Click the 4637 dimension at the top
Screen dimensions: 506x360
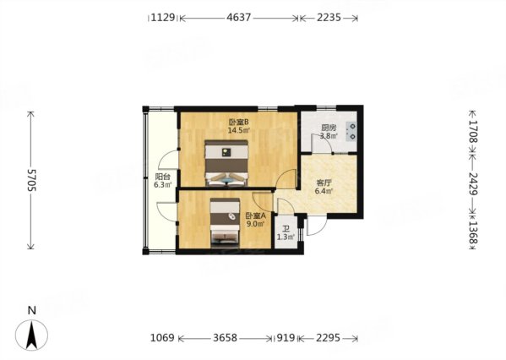(x=239, y=17)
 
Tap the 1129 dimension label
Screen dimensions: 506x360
(x=163, y=17)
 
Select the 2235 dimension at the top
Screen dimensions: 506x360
(x=329, y=17)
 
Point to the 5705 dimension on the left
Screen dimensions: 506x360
(x=32, y=180)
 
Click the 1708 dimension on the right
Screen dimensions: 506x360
(x=473, y=131)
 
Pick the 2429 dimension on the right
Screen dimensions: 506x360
(x=473, y=183)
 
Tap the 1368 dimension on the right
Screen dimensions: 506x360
(x=473, y=232)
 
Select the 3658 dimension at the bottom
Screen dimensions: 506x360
(x=225, y=338)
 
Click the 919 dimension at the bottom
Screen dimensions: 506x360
(x=286, y=338)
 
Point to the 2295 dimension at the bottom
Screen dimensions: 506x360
(x=328, y=338)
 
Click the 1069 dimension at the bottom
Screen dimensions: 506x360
(x=162, y=338)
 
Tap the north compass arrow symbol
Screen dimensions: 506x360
(x=31, y=335)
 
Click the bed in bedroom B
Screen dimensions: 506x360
(x=226, y=163)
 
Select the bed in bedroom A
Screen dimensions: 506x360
(x=225, y=223)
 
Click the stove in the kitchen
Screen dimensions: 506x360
(x=351, y=131)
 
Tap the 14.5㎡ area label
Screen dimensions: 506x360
(x=239, y=130)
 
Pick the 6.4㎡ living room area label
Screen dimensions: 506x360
(x=324, y=191)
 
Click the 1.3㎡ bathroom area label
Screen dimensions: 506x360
(x=286, y=237)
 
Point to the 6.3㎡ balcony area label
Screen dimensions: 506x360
(x=163, y=185)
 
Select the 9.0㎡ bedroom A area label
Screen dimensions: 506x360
(x=256, y=223)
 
